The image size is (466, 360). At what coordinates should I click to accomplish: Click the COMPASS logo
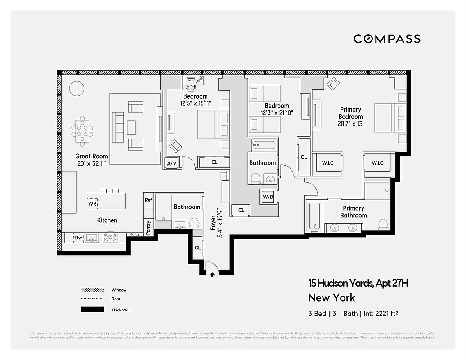pyautogui.click(x=387, y=39)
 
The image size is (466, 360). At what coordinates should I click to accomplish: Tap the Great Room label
pyautogui.click(x=91, y=157)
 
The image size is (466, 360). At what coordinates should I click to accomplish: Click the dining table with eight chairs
pyautogui.click(x=82, y=131)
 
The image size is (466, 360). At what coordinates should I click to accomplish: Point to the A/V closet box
pyautogui.click(x=172, y=164)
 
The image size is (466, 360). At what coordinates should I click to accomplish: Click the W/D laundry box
pyautogui.click(x=267, y=196)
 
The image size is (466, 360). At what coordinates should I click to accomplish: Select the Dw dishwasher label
pyautogui.click(x=78, y=237)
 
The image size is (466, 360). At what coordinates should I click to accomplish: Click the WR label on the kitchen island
pyautogui.click(x=92, y=203)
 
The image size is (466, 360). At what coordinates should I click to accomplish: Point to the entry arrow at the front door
pyautogui.click(x=212, y=274)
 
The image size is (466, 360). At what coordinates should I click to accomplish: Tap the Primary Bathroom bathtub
pyautogui.click(x=314, y=217)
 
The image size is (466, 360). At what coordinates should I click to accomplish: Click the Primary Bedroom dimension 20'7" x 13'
pyautogui.click(x=350, y=124)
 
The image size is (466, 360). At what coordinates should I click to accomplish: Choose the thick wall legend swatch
pyautogui.click(x=93, y=310)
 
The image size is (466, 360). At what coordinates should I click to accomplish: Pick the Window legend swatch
pyautogui.click(x=93, y=290)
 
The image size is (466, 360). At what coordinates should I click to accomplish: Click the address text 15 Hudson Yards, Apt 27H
pyautogui.click(x=358, y=283)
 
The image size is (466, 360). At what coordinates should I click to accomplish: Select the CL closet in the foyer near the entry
pyautogui.click(x=198, y=247)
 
